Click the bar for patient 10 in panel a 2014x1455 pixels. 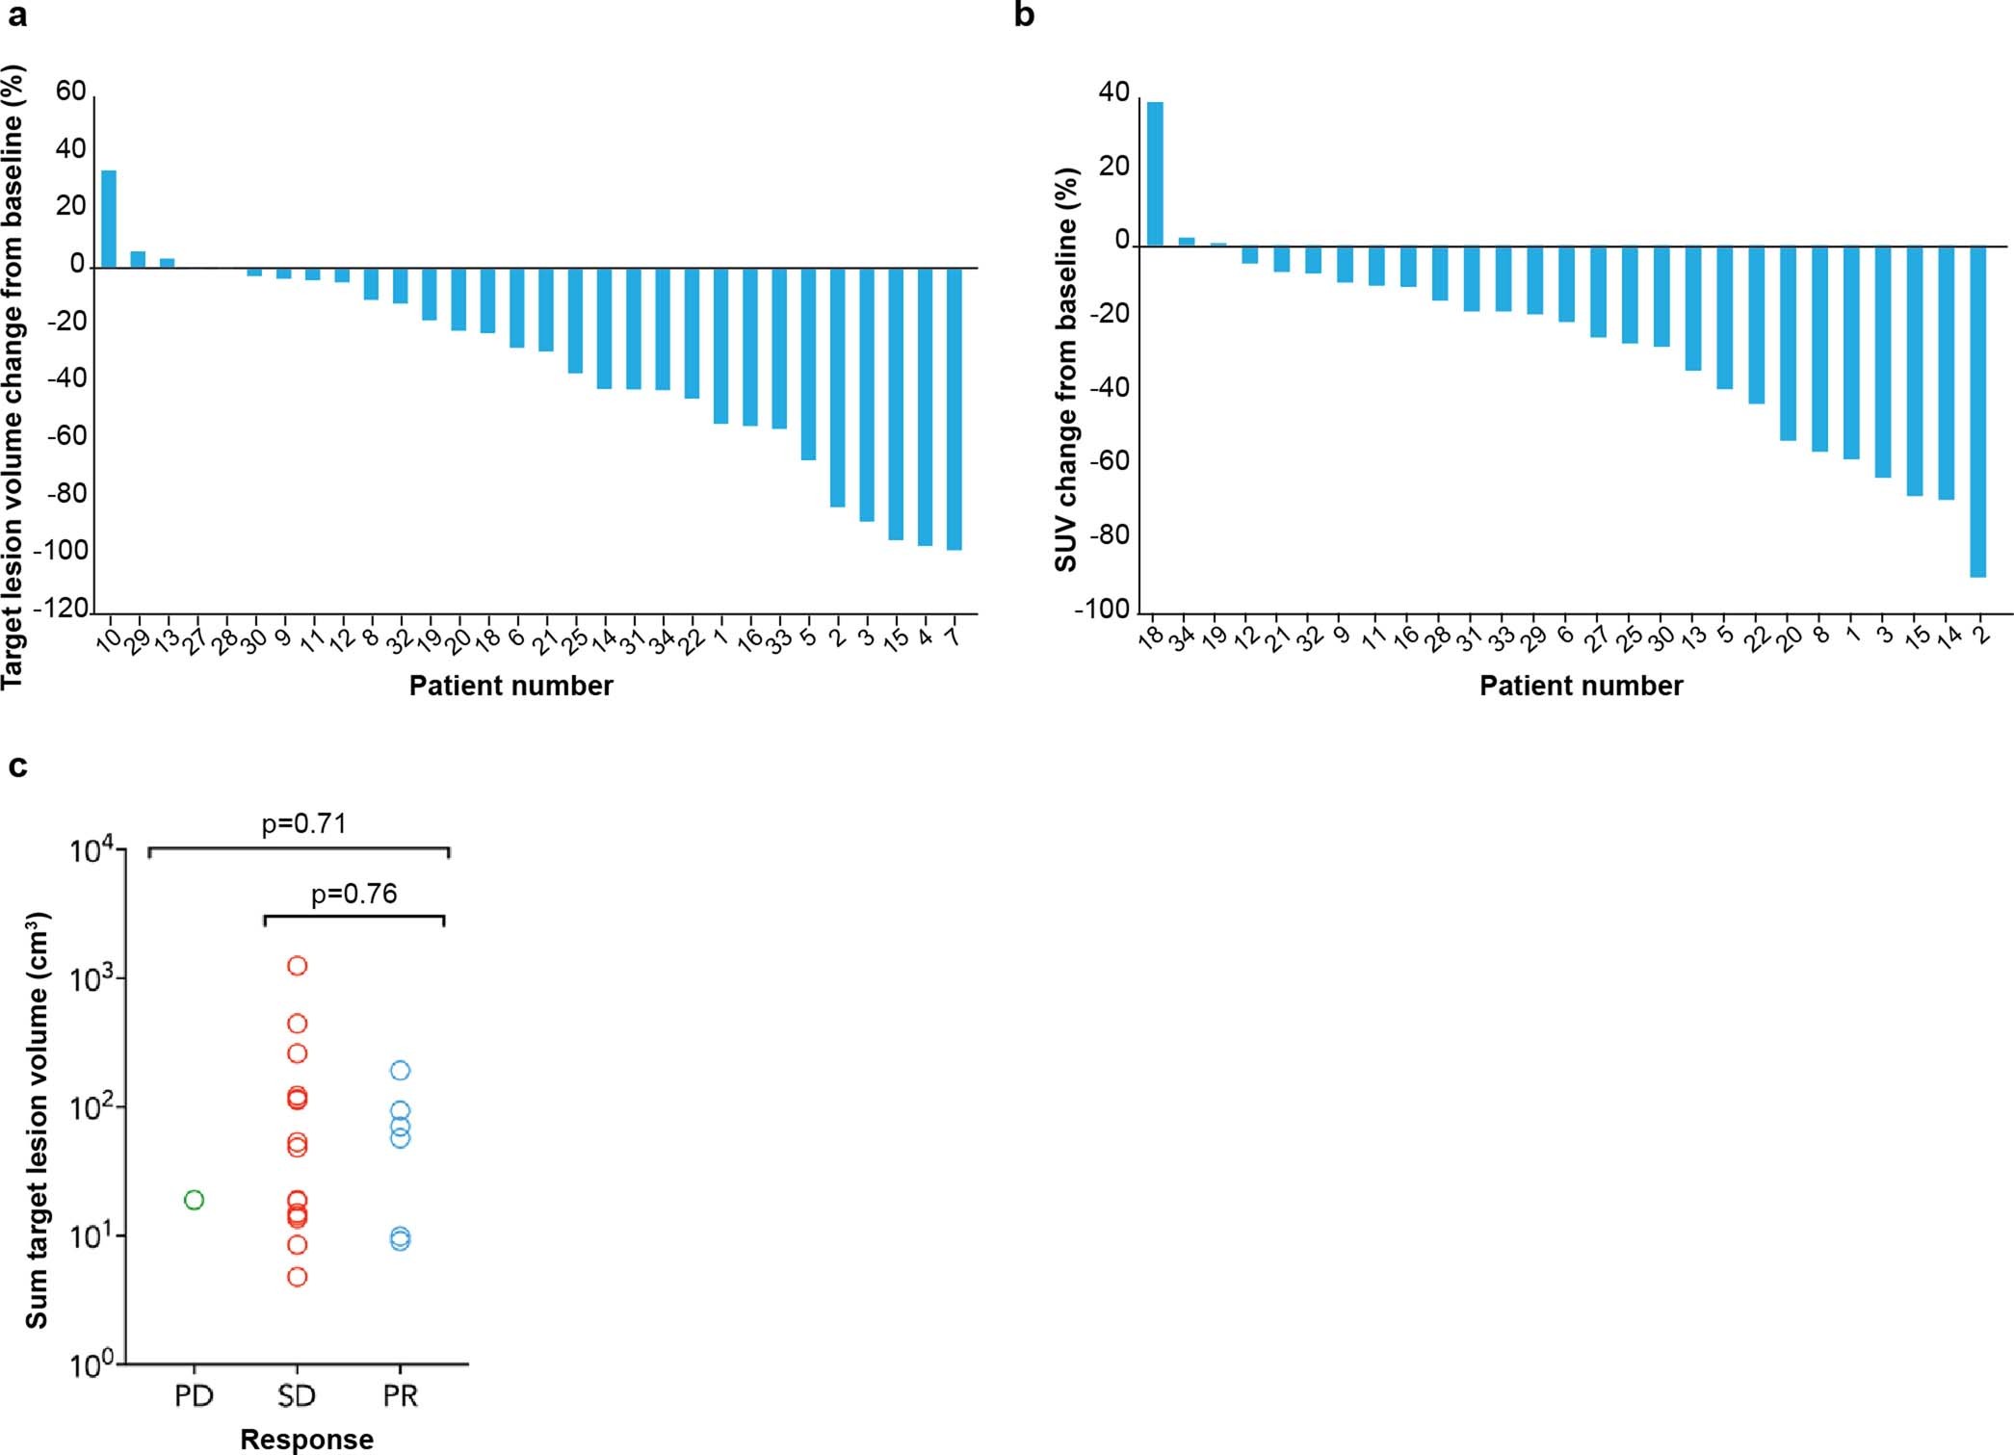point(109,219)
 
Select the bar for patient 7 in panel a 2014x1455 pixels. point(955,408)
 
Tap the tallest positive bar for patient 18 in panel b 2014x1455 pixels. point(1155,174)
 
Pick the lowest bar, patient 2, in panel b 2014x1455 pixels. point(1978,411)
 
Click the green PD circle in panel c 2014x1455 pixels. point(194,1200)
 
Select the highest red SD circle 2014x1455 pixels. point(297,966)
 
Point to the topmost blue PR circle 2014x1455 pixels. point(400,1071)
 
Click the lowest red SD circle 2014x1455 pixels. point(297,1278)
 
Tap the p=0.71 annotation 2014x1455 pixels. point(303,824)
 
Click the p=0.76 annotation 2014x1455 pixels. point(353,895)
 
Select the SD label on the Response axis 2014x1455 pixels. point(297,1396)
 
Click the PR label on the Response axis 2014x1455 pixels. point(400,1396)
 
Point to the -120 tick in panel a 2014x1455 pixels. point(61,609)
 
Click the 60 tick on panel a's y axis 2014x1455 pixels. point(70,91)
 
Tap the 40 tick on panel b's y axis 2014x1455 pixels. point(1113,92)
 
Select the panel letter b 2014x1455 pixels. point(1025,16)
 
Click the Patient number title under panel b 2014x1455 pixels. point(1581,686)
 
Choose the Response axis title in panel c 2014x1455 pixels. point(306,1439)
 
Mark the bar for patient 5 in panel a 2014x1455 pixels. point(808,363)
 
